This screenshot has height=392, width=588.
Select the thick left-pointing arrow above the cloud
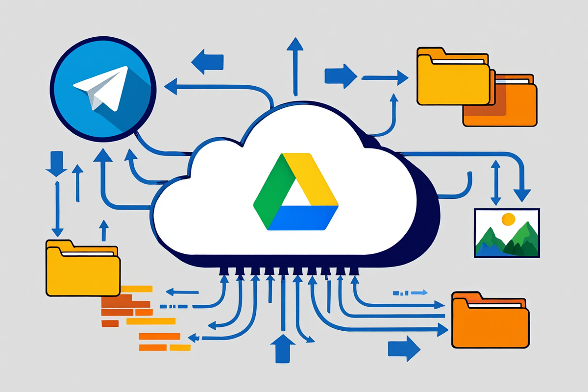(x=208, y=62)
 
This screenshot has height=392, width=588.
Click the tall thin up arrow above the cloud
(x=294, y=64)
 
